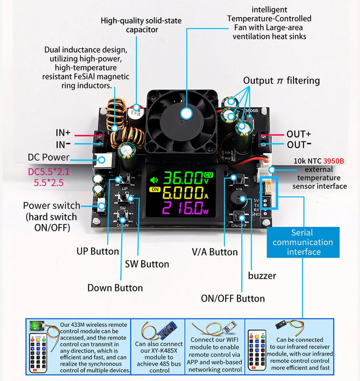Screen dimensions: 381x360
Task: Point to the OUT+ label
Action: pyautogui.click(x=299, y=134)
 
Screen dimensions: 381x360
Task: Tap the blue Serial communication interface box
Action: pyautogui.click(x=303, y=242)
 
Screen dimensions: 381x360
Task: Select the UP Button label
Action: pyautogui.click(x=98, y=252)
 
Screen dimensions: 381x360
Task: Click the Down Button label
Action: pyautogui.click(x=115, y=288)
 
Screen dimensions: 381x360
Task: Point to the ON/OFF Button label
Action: pyautogui.click(x=233, y=298)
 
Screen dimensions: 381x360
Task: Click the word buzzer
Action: pyautogui.click(x=262, y=276)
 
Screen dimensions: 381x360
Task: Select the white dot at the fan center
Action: pyautogui.click(x=186, y=113)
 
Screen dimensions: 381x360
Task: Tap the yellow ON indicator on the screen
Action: pyautogui.click(x=155, y=189)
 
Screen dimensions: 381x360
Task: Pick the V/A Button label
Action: pyautogui.click(x=215, y=252)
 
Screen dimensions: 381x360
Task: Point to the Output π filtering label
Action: pyautogui.click(x=282, y=80)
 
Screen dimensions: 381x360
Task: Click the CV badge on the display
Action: pyautogui.click(x=209, y=175)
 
